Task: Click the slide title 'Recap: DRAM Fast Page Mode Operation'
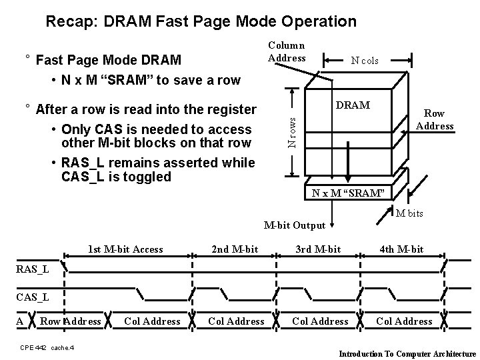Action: [x=201, y=21]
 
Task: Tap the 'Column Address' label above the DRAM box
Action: [x=287, y=52]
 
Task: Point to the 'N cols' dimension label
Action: [x=365, y=61]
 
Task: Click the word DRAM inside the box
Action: [x=354, y=105]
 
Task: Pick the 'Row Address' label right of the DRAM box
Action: [x=435, y=120]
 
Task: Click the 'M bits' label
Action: [x=409, y=213]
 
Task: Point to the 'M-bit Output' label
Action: [x=294, y=225]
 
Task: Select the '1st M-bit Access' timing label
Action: [x=125, y=249]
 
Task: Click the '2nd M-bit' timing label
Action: [x=234, y=249]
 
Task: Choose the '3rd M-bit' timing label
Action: [x=318, y=249]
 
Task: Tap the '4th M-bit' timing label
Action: [x=401, y=249]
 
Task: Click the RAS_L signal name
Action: [x=32, y=270]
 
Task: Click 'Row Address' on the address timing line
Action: [x=71, y=321]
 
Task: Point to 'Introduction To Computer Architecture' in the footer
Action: [x=408, y=353]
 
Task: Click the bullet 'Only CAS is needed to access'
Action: [x=156, y=129]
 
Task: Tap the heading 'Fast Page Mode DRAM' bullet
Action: [x=108, y=61]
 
